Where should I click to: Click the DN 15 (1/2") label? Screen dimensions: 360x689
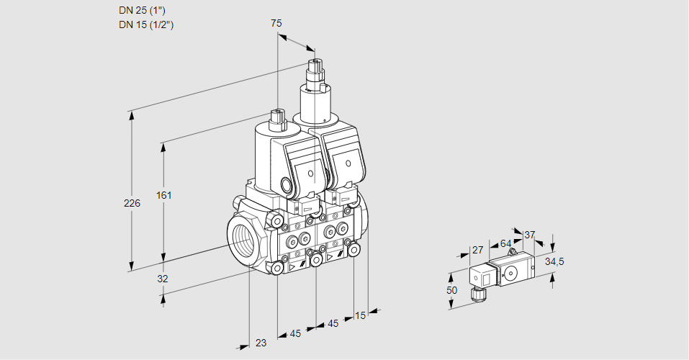[146, 25]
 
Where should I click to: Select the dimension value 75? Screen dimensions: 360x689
[276, 23]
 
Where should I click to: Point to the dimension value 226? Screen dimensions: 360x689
[132, 204]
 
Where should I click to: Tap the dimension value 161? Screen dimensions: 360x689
[166, 195]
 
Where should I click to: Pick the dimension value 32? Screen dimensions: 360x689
[163, 279]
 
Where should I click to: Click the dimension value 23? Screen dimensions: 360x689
[261, 343]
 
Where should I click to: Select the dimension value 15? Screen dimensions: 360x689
[360, 315]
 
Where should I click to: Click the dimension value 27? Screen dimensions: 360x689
[477, 251]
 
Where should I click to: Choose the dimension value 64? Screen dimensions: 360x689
[505, 243]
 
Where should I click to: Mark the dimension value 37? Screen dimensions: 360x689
[529, 235]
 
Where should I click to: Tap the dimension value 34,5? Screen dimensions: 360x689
[554, 261]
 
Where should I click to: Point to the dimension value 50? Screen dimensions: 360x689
[451, 289]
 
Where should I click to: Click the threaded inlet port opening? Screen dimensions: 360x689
[242, 238]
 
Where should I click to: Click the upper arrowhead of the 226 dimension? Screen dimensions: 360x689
[131, 114]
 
